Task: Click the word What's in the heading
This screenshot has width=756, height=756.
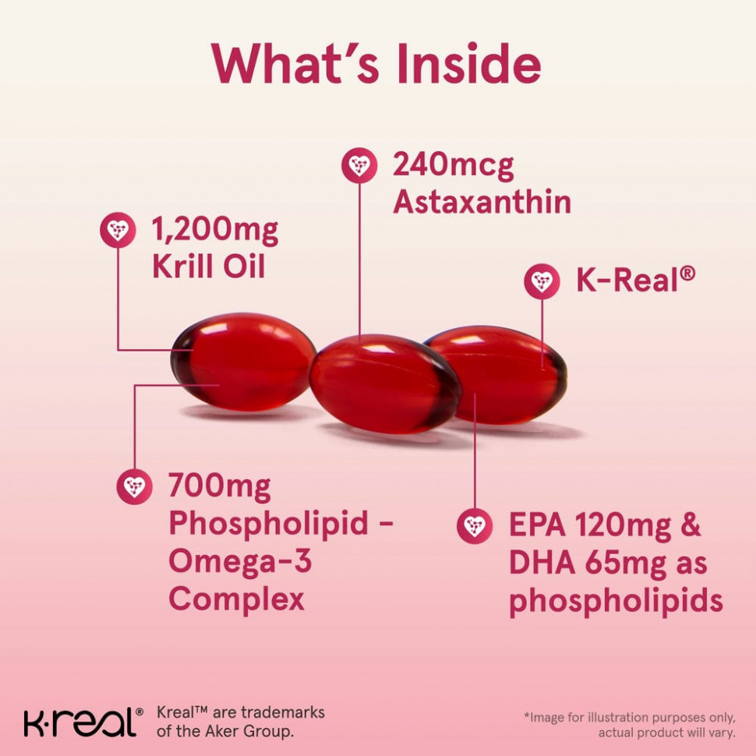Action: [295, 64]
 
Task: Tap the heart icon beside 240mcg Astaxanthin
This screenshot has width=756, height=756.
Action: [359, 165]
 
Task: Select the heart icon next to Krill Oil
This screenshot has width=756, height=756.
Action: [118, 230]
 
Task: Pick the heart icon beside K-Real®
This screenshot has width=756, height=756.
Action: [542, 281]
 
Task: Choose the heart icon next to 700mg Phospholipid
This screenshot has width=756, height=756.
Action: [135, 486]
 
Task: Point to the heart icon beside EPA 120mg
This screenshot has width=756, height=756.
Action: [475, 525]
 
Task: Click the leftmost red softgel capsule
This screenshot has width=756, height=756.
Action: [243, 362]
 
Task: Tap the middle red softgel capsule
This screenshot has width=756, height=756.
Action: [385, 383]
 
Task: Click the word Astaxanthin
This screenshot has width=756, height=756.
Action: [482, 202]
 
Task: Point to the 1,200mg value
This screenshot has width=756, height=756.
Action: [215, 230]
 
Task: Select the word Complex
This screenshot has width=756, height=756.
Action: [237, 600]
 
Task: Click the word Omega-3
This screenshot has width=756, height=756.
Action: [240, 562]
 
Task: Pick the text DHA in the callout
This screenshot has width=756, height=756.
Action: [542, 563]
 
